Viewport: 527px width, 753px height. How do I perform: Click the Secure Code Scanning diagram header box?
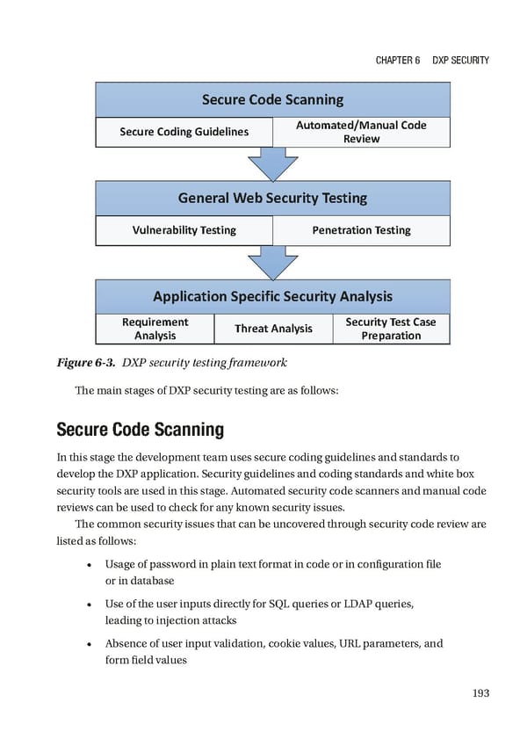point(272,99)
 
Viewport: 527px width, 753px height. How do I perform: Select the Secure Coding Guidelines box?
point(184,132)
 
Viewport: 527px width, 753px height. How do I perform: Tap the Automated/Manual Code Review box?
point(361,132)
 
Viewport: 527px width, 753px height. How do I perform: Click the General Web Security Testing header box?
point(272,198)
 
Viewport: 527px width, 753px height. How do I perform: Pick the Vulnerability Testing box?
point(184,230)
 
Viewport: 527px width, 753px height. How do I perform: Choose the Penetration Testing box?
point(361,230)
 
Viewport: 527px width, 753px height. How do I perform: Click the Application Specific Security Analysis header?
point(272,296)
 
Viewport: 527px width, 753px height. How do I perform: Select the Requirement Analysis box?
point(155,329)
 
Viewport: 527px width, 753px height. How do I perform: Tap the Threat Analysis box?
point(273,329)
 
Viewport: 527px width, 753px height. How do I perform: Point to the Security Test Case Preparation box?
point(391,329)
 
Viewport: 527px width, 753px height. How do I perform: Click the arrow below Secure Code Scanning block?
point(272,163)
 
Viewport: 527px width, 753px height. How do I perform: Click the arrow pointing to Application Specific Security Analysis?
point(272,262)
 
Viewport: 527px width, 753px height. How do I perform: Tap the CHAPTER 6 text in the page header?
point(396,60)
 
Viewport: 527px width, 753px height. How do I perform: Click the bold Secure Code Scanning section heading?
point(140,430)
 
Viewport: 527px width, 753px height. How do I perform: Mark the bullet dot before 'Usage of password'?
point(90,564)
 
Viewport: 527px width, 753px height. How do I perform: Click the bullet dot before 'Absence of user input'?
point(90,644)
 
